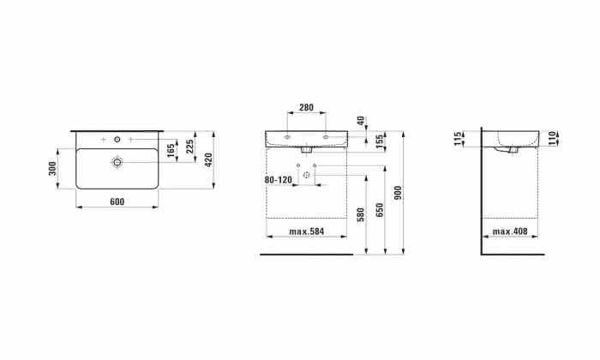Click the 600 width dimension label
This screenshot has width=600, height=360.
pos(117,201)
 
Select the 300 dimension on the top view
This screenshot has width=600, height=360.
pos(53,168)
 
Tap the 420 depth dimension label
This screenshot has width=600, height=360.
pos(208,159)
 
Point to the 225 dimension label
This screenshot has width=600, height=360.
pos(189,146)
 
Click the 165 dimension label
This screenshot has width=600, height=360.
pos(171,150)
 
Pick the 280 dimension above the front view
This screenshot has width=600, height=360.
pos(306,107)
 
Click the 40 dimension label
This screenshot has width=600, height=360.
pos(361,121)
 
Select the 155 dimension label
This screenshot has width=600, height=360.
pos(380,141)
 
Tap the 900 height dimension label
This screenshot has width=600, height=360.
pos(399,193)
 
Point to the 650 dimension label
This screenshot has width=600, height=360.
pos(380,210)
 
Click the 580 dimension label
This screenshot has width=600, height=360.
pos(361,215)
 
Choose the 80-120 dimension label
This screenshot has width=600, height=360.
pos(279,180)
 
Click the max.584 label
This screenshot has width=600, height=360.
pos(307,231)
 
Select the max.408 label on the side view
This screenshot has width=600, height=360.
pos(510,231)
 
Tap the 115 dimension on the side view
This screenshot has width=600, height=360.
pos(457,139)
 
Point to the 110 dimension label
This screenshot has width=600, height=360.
pos(551,138)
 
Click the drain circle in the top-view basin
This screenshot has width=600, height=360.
pos(117,162)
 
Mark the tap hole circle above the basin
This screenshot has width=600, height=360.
pos(117,140)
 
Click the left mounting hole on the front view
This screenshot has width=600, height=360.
pos(287,136)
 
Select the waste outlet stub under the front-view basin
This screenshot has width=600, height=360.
pos(306,150)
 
